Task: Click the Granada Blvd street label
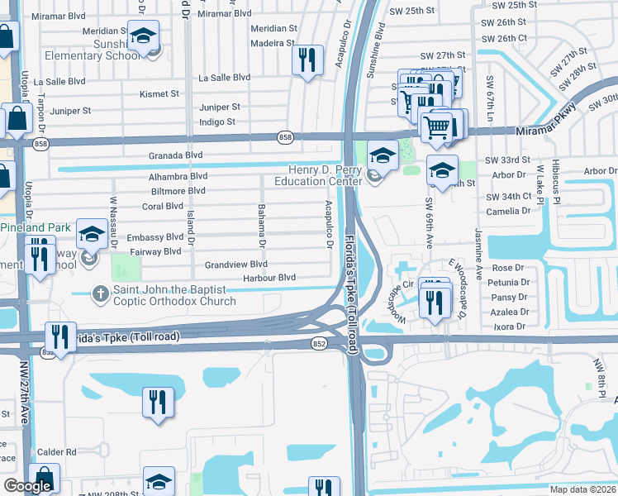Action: coord(175,155)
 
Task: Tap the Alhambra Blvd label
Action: coord(178,176)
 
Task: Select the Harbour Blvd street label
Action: coord(269,278)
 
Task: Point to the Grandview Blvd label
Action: coord(236,265)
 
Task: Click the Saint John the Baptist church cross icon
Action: coord(100,293)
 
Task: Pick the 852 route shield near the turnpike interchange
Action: coord(318,341)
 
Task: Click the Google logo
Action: coord(27,486)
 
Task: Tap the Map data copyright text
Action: coord(583,489)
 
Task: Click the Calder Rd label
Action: coord(56,452)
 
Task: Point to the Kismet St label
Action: coord(159,94)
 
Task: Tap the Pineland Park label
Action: coord(36,227)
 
